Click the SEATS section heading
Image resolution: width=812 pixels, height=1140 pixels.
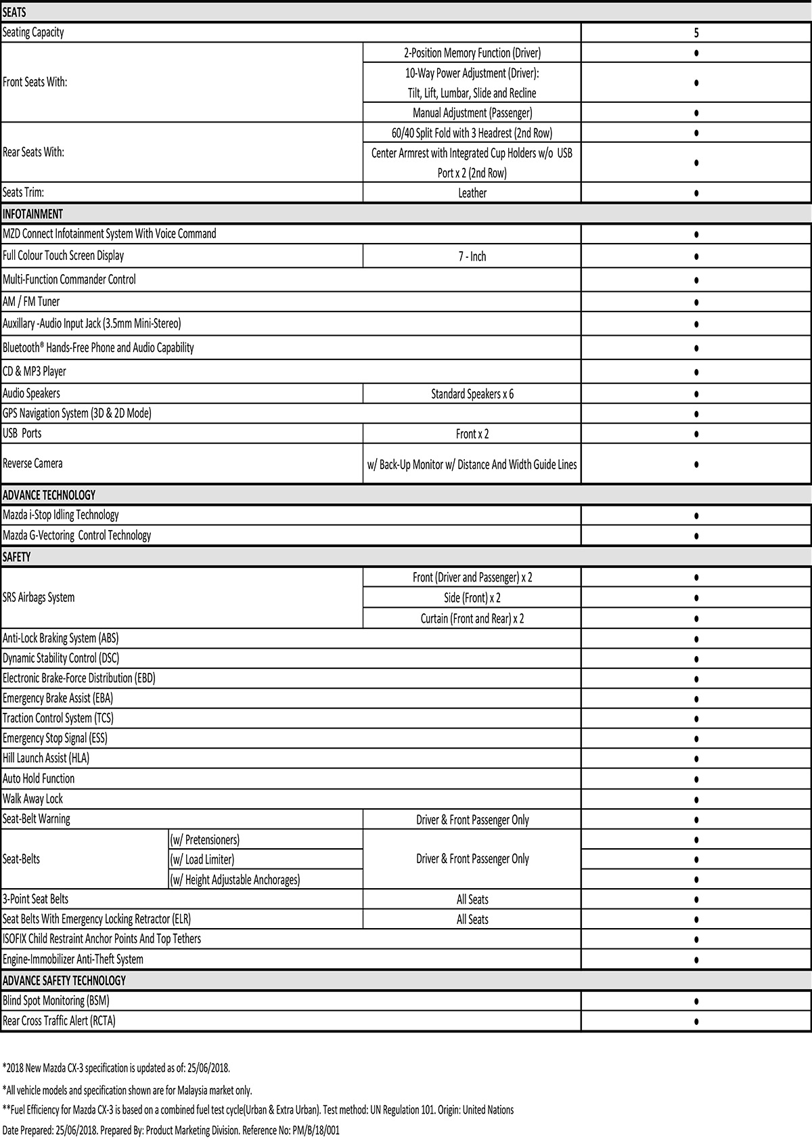point(14,12)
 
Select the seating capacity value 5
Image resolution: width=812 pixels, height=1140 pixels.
point(696,32)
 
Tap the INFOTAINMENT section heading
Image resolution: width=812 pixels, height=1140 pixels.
point(32,214)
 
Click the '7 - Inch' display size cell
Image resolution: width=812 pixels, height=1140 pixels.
point(472,257)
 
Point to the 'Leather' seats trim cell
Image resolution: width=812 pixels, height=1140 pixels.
point(472,193)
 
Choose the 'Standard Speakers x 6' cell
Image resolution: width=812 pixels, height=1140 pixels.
point(472,394)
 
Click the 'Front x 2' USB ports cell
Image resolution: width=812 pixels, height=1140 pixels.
point(472,434)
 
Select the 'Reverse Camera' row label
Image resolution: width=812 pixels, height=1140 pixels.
point(32,464)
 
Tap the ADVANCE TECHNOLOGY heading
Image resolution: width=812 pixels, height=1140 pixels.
point(49,495)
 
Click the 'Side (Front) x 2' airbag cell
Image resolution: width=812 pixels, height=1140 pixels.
point(472,598)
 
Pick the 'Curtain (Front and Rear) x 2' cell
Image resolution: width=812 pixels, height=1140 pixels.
point(472,618)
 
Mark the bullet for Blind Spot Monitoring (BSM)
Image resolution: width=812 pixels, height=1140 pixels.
point(696,1001)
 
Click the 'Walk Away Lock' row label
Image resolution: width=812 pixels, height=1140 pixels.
point(32,799)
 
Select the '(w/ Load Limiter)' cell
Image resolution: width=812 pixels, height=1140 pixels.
point(202,860)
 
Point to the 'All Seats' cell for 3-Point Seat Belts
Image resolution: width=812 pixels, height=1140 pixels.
point(472,900)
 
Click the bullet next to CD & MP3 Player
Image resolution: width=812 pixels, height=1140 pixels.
point(696,372)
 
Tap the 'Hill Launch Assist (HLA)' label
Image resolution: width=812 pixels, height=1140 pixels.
point(46,758)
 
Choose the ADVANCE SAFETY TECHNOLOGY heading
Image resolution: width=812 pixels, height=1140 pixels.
point(64,981)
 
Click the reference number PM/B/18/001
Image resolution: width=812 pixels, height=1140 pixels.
point(315,1131)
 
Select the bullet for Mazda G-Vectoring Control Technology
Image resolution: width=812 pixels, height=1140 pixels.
point(696,536)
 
